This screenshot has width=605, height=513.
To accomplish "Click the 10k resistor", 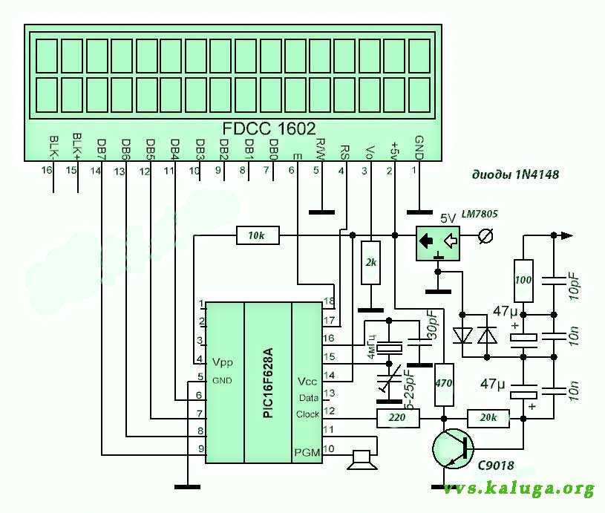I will coord(257,235).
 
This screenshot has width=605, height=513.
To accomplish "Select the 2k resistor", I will coord(369,263).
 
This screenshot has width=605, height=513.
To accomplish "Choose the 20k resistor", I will coord(488,418).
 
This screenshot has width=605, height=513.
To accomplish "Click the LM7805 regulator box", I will coord(436,242).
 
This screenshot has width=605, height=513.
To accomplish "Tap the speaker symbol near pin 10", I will coord(362,460).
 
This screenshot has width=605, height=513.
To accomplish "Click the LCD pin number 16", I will coord(48,171).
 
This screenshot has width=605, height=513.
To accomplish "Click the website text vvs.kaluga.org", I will coord(519,488).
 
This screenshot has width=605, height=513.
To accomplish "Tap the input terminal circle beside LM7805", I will coord(486,237).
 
